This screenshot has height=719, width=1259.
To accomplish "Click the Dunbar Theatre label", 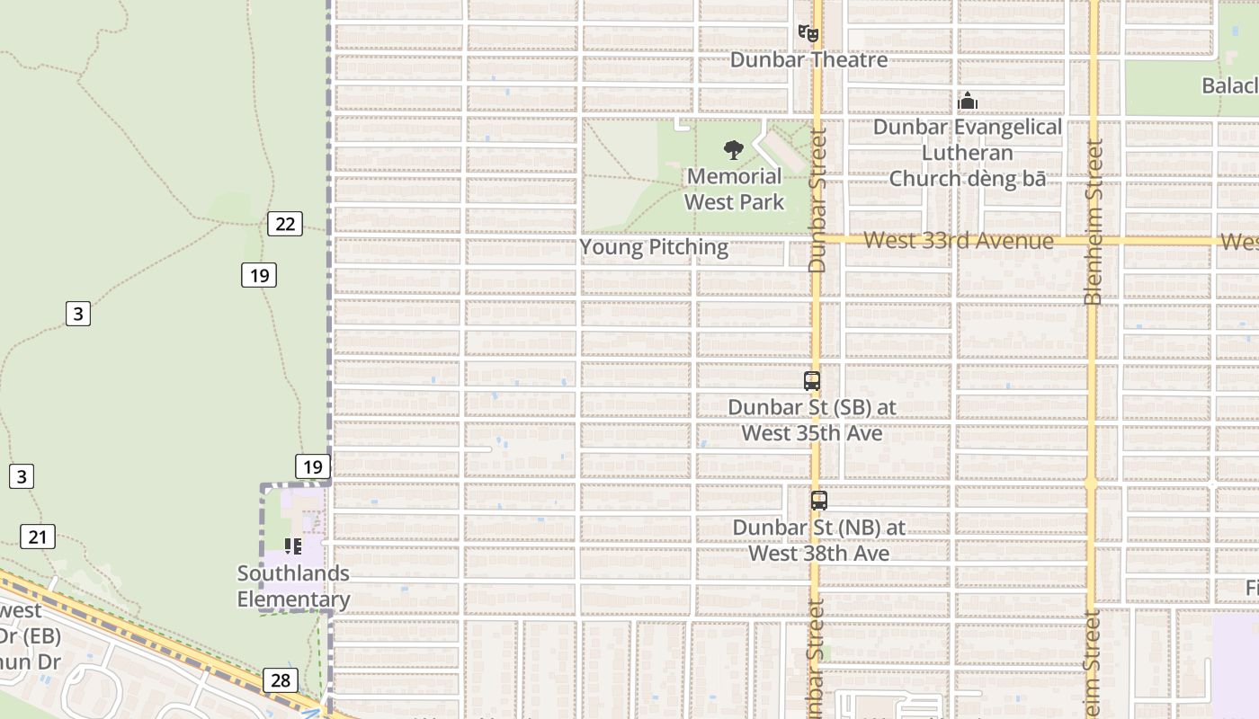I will tap(808, 60).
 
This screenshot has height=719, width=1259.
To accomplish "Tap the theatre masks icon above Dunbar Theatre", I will tap(808, 34).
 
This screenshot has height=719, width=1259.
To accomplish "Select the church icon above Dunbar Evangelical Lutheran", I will tap(968, 101).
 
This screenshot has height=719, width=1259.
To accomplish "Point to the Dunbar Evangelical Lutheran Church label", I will tap(968, 153).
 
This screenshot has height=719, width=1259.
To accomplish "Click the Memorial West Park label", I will tap(735, 189).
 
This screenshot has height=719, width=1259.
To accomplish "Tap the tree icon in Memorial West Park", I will tap(734, 149).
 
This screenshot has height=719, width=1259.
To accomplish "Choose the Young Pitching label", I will tap(654, 247).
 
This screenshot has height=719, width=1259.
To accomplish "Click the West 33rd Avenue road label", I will tap(959, 241).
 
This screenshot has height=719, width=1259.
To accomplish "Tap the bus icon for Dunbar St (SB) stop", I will tap(812, 381).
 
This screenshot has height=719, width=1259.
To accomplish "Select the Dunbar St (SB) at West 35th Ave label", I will tap(812, 420).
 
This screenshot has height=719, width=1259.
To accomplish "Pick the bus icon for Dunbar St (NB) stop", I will tap(819, 502).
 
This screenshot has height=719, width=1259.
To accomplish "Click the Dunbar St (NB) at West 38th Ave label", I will tap(819, 540).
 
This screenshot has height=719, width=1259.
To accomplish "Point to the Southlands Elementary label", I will tap(293, 586).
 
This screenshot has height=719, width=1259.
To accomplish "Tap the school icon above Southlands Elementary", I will tap(293, 546).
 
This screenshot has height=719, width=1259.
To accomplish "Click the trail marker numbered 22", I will tap(285, 224).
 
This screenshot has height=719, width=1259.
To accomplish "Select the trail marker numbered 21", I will tap(37, 537).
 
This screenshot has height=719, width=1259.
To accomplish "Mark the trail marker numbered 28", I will tap(281, 680).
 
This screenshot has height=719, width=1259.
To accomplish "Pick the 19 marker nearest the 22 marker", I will tap(259, 275).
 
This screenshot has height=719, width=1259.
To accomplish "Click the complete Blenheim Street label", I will tap(1094, 222).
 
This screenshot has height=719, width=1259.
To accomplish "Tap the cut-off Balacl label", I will tap(1229, 85).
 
